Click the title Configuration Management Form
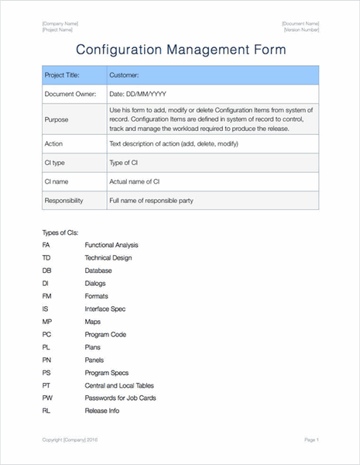(x=180, y=50)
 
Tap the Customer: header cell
(x=124, y=75)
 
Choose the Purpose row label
(x=56, y=119)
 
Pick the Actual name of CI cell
(x=135, y=182)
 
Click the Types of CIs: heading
(x=60, y=232)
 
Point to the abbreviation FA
(x=46, y=245)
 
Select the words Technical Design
(x=108, y=258)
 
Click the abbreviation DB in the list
(x=47, y=270)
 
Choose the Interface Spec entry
(x=105, y=308)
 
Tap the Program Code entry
(x=105, y=334)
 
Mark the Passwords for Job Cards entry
(x=120, y=398)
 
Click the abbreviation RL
(x=46, y=410)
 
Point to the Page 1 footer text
(x=311, y=439)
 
